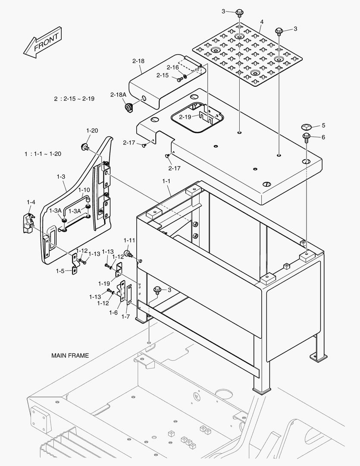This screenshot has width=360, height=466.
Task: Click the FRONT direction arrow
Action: tap(42, 42)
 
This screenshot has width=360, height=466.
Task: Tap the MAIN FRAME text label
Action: tap(70, 356)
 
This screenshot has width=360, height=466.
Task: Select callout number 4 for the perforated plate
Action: tap(261, 22)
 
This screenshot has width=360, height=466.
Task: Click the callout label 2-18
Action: tap(138, 61)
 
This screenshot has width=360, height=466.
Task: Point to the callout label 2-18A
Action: tap(118, 94)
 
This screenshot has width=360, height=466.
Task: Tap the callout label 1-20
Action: tap(92, 130)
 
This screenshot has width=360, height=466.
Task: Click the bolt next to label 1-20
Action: tap(85, 147)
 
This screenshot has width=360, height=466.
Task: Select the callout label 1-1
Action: tap(166, 176)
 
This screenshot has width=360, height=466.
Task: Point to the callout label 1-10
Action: tap(84, 189)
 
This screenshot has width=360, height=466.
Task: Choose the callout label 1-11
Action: tap(129, 240)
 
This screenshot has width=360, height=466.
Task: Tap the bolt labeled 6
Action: tap(306, 138)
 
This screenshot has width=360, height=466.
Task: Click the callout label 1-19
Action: tap(104, 283)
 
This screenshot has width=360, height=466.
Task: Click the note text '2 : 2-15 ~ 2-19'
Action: tap(74, 99)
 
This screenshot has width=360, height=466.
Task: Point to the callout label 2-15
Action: tap(162, 76)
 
